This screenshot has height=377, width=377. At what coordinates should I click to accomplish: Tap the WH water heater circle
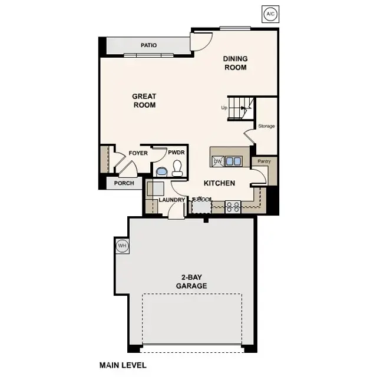[x=123, y=246]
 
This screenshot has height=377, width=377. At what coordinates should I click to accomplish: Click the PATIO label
[x=148, y=45]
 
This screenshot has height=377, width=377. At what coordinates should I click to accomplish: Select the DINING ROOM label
[x=235, y=63]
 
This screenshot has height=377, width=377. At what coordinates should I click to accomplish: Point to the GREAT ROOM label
[x=144, y=101]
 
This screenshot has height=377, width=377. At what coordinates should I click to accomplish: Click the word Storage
[x=266, y=126]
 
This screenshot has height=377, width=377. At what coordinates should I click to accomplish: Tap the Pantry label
[x=260, y=160]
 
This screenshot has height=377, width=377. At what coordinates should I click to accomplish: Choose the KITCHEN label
[x=219, y=183]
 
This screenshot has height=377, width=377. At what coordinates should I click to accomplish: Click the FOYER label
[x=138, y=153]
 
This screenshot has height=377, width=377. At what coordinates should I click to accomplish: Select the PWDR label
[x=176, y=153]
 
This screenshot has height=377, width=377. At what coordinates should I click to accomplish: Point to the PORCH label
[x=124, y=183]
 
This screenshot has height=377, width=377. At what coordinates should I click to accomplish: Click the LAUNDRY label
[x=171, y=200]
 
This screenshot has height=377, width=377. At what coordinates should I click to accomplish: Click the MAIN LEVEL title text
[x=123, y=365]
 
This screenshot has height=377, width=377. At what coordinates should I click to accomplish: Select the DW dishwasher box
[x=217, y=161]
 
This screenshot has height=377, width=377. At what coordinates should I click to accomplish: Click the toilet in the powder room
[x=177, y=170]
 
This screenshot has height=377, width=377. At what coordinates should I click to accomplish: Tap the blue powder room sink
[x=161, y=171]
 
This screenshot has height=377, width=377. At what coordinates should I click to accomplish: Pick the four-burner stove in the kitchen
[x=233, y=206]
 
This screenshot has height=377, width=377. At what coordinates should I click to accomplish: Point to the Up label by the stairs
[x=224, y=108]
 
